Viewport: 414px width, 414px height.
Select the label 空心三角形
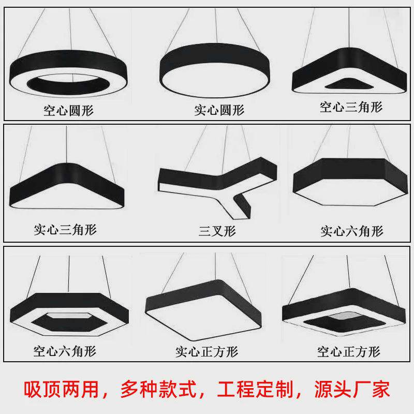(x=351, y=107)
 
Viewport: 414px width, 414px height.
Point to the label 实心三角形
(x=65, y=229)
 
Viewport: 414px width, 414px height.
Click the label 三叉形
(x=217, y=231)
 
